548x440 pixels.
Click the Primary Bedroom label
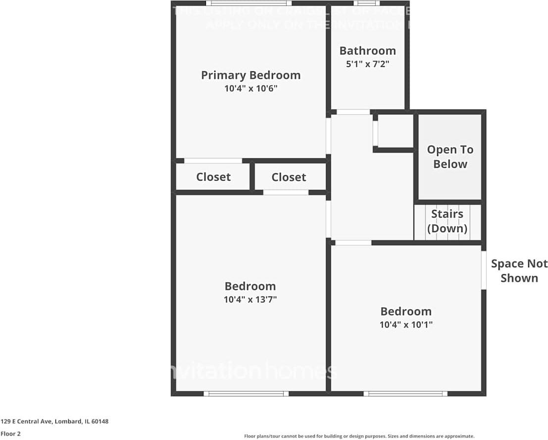click(x=250, y=75)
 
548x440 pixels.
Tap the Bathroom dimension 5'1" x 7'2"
click(x=367, y=64)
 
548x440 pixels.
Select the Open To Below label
click(x=450, y=156)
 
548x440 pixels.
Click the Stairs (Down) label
click(x=447, y=221)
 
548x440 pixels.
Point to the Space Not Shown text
click(x=519, y=270)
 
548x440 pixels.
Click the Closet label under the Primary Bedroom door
click(x=213, y=177)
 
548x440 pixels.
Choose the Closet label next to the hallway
click(x=289, y=177)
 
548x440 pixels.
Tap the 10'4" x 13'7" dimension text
click(x=250, y=299)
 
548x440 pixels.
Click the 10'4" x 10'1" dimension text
click(x=406, y=325)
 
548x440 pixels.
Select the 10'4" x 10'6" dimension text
click(x=250, y=89)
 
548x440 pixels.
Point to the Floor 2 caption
click(x=10, y=434)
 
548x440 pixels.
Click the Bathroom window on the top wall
click(x=367, y=3)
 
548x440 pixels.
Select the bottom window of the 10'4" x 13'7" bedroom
click(x=246, y=393)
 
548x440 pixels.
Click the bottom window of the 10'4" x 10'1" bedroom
click(x=405, y=393)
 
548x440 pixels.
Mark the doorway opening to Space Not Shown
click(x=484, y=270)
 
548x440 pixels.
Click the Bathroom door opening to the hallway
click(x=353, y=112)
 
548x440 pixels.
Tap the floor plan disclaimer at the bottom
click(x=359, y=436)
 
